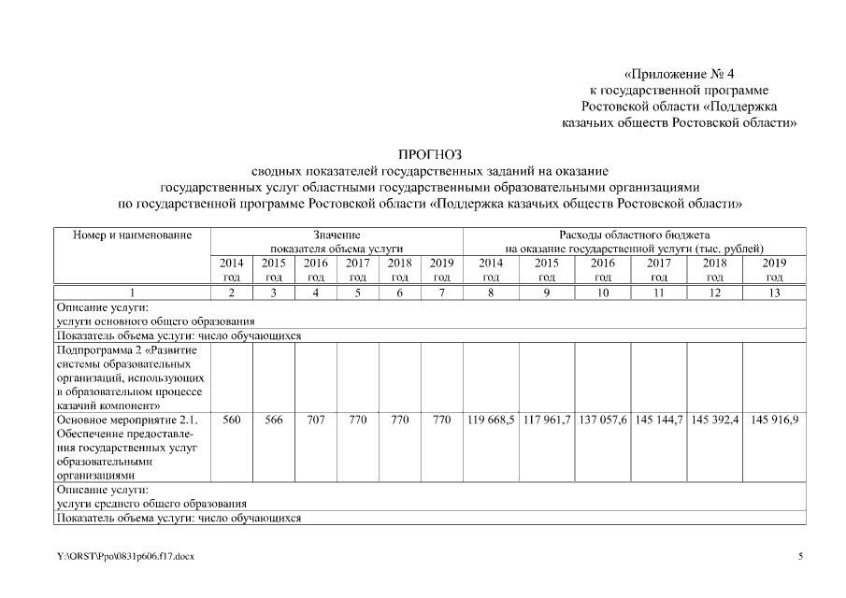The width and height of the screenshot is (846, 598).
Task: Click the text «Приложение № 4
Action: pyautogui.click(x=685, y=73)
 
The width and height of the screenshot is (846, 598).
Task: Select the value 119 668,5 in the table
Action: pyautogui.click(x=491, y=420)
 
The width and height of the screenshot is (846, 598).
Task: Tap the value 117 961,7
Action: pyautogui.click(x=547, y=420)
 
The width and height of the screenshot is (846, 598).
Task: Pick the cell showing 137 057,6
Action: pyautogui.click(x=603, y=420)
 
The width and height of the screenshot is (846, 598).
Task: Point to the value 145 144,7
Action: pyautogui.click(x=659, y=420)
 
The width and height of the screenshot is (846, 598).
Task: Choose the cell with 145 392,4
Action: pyautogui.click(x=714, y=420)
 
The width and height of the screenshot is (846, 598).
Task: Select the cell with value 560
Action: pyautogui.click(x=232, y=420)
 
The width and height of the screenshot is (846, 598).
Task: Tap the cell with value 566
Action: pyautogui.click(x=274, y=420)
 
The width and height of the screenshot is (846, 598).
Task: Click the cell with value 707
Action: pyautogui.click(x=316, y=420)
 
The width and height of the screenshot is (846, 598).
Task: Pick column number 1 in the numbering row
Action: pyautogui.click(x=132, y=292)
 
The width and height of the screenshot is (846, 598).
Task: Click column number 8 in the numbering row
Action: pyautogui.click(x=491, y=292)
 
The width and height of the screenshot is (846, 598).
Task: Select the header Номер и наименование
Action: pyautogui.click(x=132, y=235)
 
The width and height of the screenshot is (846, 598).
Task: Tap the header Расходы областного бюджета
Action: pyautogui.click(x=635, y=235)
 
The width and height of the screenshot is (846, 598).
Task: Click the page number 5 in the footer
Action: pyautogui.click(x=800, y=557)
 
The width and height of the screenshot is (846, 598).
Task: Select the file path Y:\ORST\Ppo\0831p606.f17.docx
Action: pyautogui.click(x=125, y=557)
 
